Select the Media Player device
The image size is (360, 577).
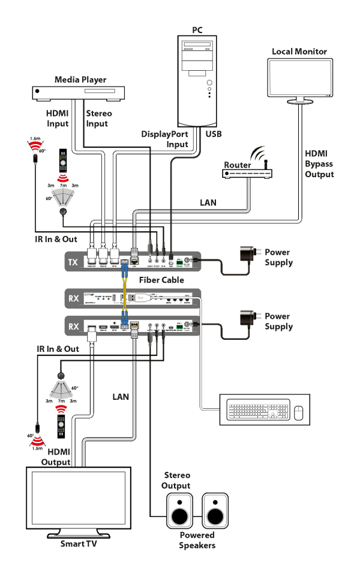click(x=78, y=92)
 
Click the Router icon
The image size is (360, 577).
click(x=247, y=173)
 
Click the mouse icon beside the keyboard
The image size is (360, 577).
click(x=298, y=411)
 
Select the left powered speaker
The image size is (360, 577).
click(x=180, y=510)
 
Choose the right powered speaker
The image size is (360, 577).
click(x=215, y=510)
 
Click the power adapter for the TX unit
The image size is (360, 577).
click(x=247, y=255)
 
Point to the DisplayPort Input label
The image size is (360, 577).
click(x=165, y=139)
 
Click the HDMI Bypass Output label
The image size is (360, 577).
click(x=319, y=164)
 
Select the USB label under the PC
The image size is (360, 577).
click(x=213, y=134)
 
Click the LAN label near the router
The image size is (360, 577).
click(x=208, y=203)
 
